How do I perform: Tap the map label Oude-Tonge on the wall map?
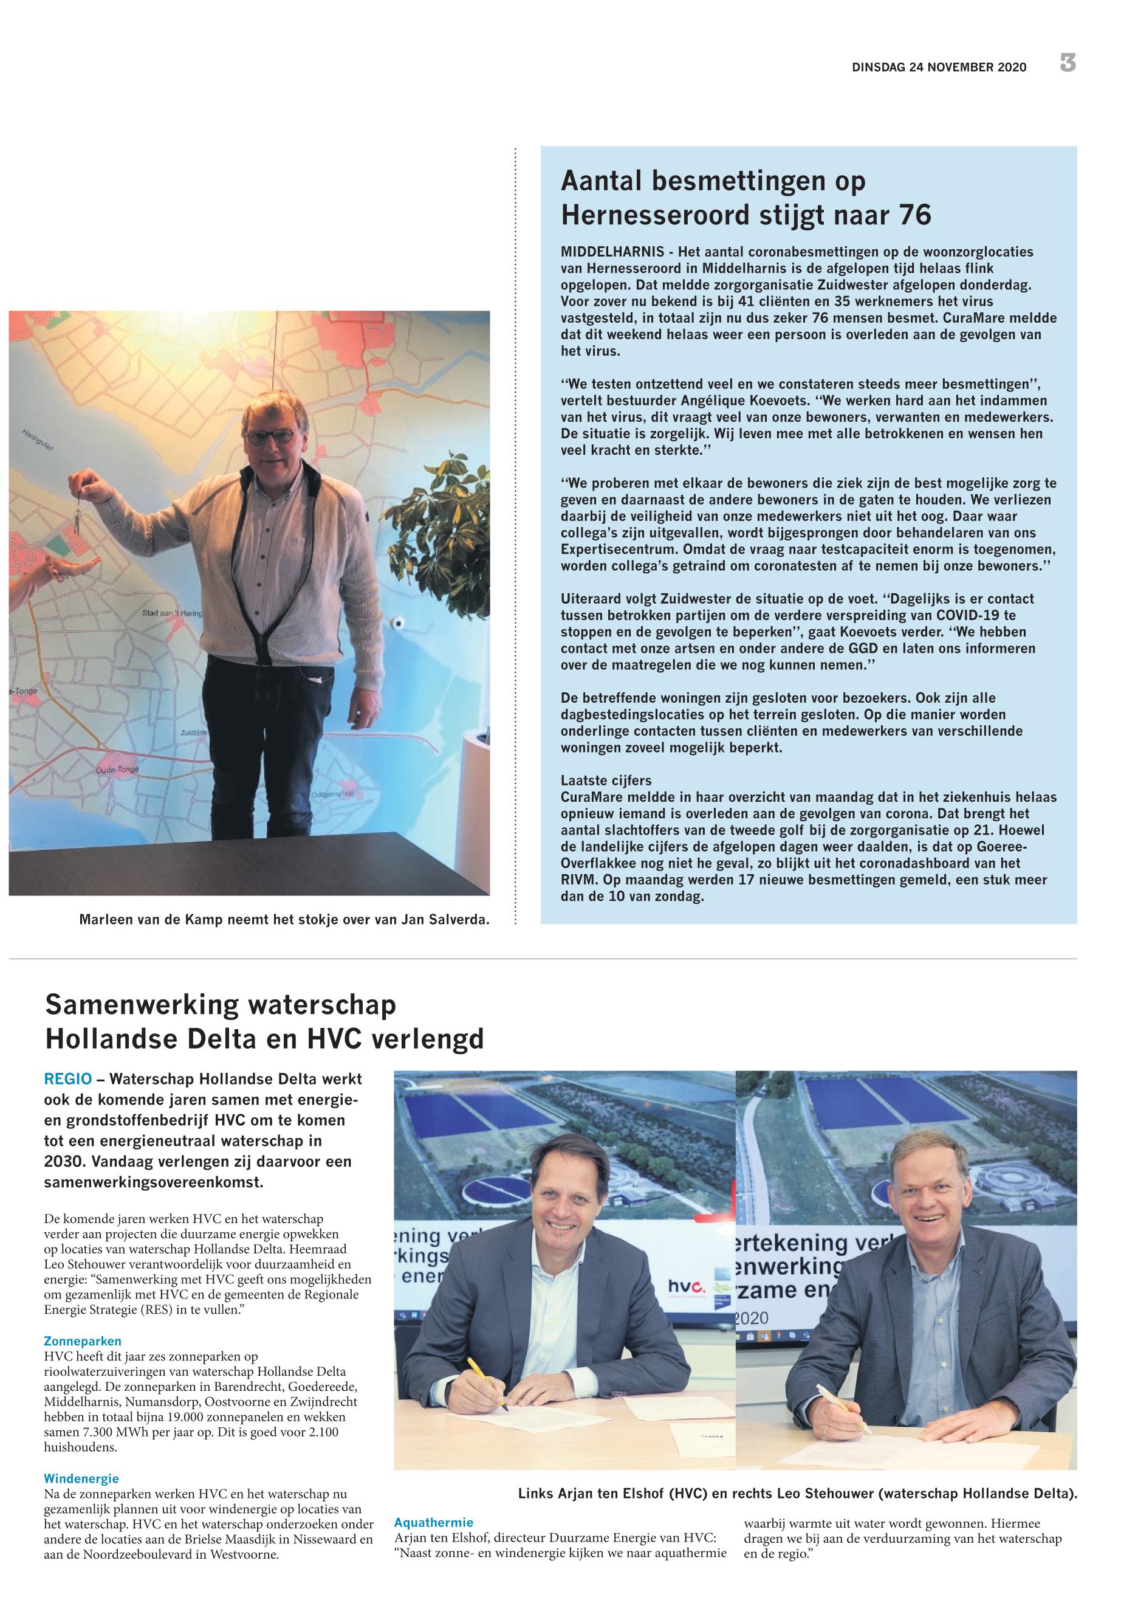click(117, 770)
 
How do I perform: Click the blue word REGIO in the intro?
click(67, 1078)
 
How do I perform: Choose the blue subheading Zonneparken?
click(82, 1342)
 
